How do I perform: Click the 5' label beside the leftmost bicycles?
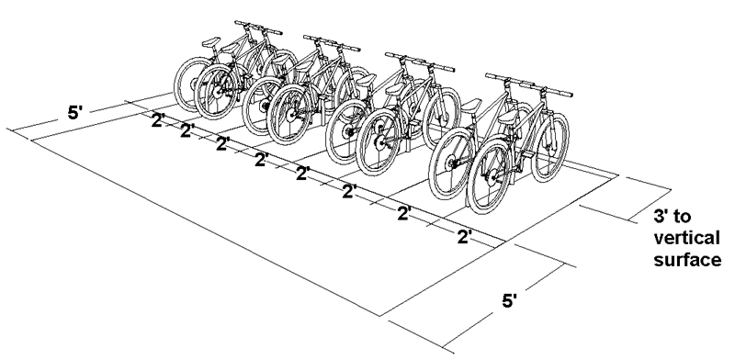click(x=75, y=112)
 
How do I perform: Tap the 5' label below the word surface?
click(x=510, y=301)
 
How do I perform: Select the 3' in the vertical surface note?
click(x=661, y=217)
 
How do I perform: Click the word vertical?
click(x=686, y=238)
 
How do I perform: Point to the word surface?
click(x=687, y=259)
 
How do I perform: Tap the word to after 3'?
click(x=683, y=217)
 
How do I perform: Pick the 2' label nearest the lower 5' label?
click(x=465, y=237)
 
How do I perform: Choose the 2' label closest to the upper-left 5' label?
click(x=158, y=120)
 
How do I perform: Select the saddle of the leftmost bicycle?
click(x=211, y=42)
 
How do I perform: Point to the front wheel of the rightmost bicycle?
click(x=549, y=147)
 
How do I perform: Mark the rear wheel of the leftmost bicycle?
click(x=189, y=84)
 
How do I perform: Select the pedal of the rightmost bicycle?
click(x=527, y=154)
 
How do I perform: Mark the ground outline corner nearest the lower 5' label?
click(x=380, y=316)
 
